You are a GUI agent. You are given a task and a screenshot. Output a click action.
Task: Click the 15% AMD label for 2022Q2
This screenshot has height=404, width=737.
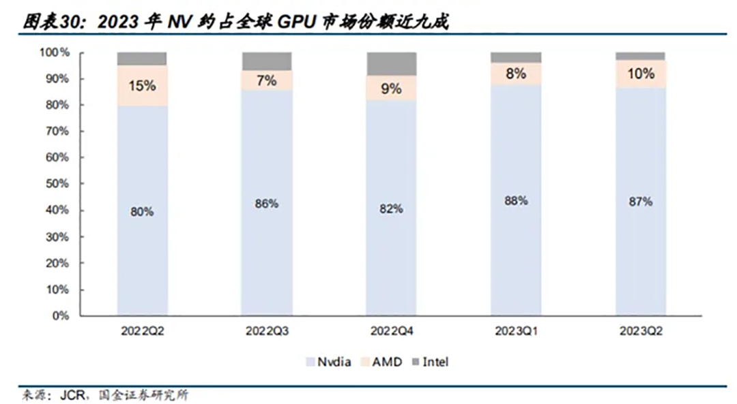click(x=143, y=86)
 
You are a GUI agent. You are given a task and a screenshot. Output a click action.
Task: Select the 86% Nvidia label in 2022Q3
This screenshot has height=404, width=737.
click(x=267, y=203)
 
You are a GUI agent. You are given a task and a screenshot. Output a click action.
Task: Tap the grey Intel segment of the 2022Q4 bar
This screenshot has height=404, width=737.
click(x=392, y=63)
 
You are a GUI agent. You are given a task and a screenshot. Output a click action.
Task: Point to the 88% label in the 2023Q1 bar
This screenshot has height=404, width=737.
click(x=517, y=200)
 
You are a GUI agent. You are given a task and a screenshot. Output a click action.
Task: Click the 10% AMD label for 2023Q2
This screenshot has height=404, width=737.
click(x=641, y=73)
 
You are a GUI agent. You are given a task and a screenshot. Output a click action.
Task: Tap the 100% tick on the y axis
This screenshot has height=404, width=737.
click(x=55, y=52)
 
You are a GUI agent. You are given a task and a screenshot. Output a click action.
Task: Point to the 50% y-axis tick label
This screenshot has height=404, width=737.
click(x=57, y=184)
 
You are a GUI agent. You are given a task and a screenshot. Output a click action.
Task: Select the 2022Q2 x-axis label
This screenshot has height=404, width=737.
click(x=143, y=332)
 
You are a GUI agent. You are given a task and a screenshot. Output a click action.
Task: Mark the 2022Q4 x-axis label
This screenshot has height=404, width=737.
click(x=392, y=332)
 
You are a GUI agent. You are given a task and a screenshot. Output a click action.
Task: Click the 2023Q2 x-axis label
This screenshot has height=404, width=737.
click(x=641, y=332)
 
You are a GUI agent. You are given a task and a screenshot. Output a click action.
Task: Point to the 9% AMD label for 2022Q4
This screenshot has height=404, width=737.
click(x=392, y=88)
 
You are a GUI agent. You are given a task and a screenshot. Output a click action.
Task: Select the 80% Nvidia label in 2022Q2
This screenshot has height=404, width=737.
click(x=143, y=212)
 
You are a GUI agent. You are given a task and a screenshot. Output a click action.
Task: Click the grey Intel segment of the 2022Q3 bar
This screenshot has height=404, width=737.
click(x=267, y=61)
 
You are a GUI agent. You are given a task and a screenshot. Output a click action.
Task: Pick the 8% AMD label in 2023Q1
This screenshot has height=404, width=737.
click(x=517, y=74)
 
